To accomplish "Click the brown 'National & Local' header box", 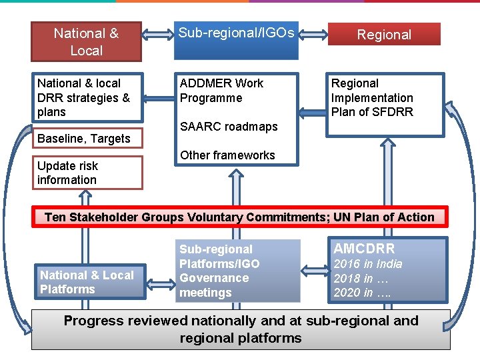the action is coord(86,41).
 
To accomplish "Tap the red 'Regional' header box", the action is coord(384,34).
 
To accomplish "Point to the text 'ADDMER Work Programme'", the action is coord(221,91).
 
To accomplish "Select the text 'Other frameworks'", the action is coord(227,155).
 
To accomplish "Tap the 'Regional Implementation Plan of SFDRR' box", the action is coord(385,97).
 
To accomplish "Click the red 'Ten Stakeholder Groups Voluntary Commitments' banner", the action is coord(239,217).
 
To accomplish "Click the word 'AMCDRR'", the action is coord(364,249).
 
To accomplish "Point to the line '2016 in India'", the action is coord(368,264).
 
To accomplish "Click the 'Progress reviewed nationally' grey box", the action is coord(241,329).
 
